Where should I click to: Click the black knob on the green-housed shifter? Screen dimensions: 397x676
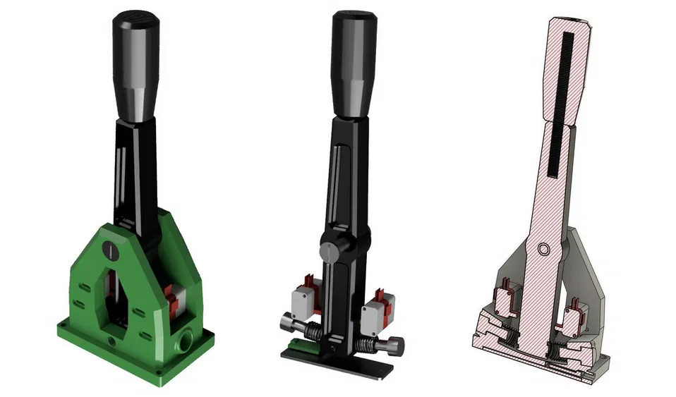pos(136,63)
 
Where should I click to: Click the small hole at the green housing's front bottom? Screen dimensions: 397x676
pos(111,342)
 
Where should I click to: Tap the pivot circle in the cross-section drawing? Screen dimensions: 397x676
pos(544,249)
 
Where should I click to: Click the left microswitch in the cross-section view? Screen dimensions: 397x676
pos(506,300)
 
